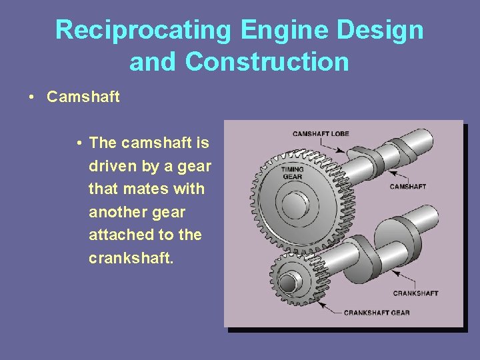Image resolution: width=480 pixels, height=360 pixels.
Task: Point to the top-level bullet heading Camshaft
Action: point(83,97)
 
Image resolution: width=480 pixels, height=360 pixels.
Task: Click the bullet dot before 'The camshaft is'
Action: point(79,143)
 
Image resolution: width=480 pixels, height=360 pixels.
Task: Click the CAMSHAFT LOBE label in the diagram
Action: point(321,134)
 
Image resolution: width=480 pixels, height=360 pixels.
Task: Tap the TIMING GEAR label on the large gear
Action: point(292,173)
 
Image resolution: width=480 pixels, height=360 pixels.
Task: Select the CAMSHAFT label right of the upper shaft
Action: point(407,187)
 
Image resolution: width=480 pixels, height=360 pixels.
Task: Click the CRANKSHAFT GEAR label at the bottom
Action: point(377,313)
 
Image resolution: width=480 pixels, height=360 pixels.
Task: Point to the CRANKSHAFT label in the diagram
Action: point(415,293)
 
